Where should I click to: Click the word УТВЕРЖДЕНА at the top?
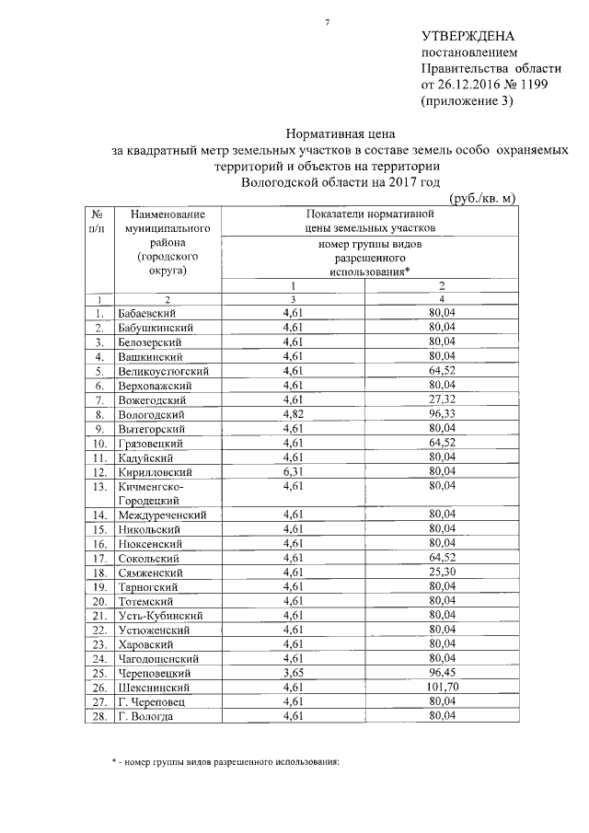pos(467,37)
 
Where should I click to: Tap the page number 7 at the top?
pos(327,19)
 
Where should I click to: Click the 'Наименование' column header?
pos(161,214)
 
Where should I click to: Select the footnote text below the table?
pos(221,762)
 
